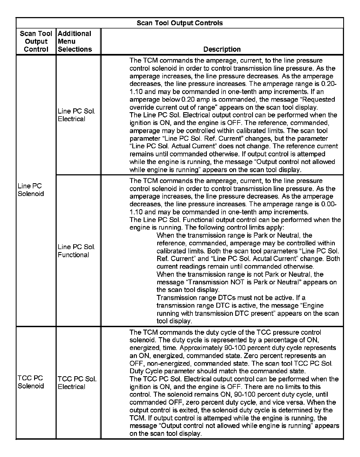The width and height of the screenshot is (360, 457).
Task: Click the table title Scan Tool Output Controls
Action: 179,23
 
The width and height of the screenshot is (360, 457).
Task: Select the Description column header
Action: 222,49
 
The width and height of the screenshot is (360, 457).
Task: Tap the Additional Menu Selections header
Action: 75,41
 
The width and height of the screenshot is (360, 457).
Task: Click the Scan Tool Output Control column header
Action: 36,41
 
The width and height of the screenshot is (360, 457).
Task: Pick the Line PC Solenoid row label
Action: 31,190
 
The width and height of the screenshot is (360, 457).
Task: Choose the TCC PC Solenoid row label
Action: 31,382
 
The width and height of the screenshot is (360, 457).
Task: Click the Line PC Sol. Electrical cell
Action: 76,115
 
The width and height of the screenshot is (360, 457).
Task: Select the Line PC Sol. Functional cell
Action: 76,251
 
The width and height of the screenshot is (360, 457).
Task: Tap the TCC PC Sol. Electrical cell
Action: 77,383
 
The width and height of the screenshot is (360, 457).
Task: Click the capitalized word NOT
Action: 237,282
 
